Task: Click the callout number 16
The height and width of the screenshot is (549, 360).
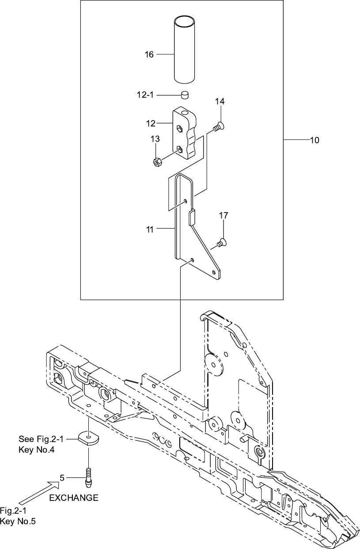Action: coord(149,54)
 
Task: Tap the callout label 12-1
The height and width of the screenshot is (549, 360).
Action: coord(145,95)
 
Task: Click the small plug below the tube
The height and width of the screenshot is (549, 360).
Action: coord(185,95)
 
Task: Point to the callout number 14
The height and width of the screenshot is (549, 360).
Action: coord(220,101)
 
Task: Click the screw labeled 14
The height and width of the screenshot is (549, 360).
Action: coord(219,127)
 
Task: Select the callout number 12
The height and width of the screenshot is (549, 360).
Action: coord(151,123)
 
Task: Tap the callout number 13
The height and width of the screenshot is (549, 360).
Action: coord(155,139)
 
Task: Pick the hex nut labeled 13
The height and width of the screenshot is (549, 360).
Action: coord(156,162)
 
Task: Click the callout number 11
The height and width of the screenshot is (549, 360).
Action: coord(150,230)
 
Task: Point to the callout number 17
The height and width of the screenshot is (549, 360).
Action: coord(224,215)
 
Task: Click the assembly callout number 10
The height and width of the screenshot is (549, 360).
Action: coord(315,141)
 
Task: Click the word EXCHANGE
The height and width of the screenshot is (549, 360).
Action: coord(74,498)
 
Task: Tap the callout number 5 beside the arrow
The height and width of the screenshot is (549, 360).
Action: coord(62,478)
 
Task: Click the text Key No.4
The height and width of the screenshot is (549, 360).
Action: coord(37,450)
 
